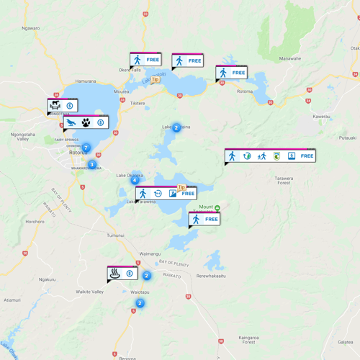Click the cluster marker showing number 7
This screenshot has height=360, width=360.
click(86, 148)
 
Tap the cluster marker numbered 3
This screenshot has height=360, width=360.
click(91, 165)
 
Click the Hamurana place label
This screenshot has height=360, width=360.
click(85, 81)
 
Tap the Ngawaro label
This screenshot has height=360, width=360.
click(30, 28)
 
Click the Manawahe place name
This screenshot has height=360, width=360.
click(290, 58)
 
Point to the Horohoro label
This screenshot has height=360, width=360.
click(35, 222)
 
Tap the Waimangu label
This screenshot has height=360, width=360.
click(149, 253)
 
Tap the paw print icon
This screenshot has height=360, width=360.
click(86, 123)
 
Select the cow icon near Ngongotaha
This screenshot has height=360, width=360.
click(55, 106)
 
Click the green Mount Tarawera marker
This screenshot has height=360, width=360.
click(217, 208)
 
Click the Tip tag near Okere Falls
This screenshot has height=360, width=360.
click(154, 80)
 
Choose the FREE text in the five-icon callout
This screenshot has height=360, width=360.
click(307, 156)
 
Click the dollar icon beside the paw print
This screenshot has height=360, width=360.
click(100, 123)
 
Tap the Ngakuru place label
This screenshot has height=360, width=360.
click(47, 279)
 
